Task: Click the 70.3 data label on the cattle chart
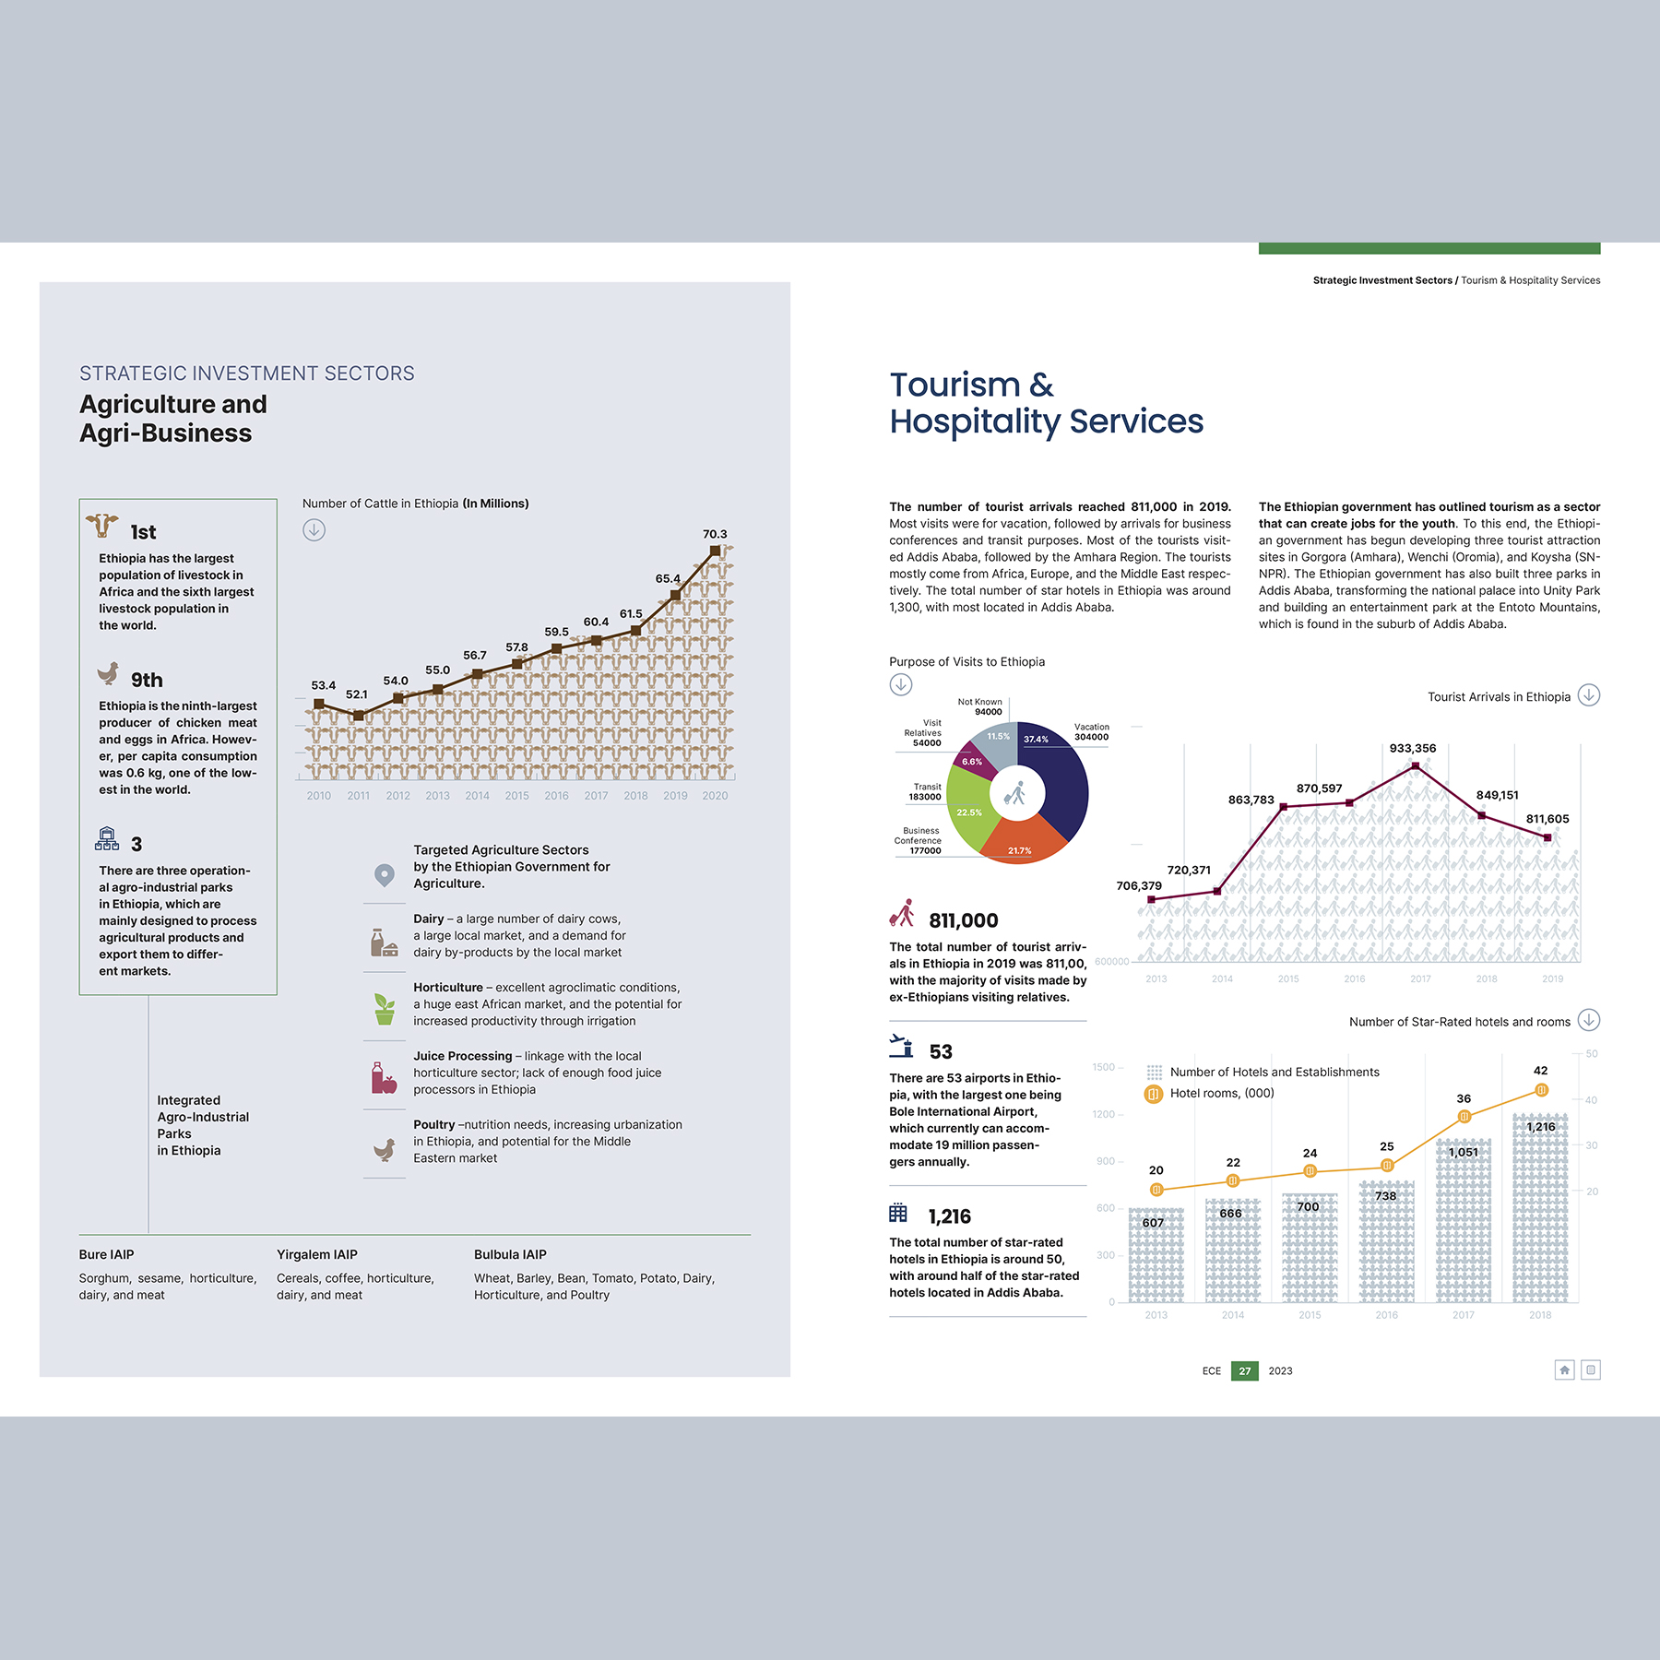point(715,534)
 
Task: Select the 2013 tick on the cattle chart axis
point(437,796)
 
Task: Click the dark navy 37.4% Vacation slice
point(1056,775)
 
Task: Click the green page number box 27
point(1244,1371)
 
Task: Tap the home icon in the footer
point(1564,1370)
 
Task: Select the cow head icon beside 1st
point(102,526)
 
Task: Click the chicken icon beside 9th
point(108,673)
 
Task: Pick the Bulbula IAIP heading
point(510,1254)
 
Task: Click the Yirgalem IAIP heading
point(316,1254)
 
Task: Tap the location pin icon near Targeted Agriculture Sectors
point(385,874)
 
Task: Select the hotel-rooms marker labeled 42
point(1541,1090)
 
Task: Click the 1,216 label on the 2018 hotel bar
point(1541,1127)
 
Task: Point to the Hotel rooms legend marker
point(1153,1094)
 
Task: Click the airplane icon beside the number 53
point(901,1046)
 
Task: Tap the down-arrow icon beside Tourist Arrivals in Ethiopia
point(1588,695)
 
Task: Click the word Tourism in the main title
point(954,385)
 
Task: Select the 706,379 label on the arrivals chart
point(1139,886)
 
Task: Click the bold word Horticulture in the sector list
point(448,988)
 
